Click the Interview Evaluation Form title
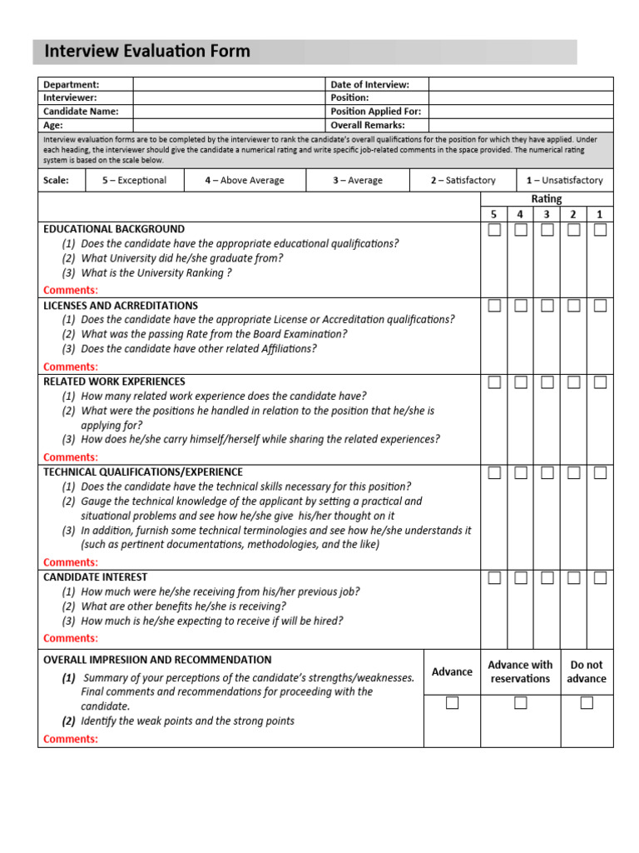[x=146, y=52]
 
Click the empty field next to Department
[x=228, y=84]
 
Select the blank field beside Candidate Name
[x=228, y=111]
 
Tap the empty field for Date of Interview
[x=521, y=84]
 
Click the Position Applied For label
[x=375, y=111]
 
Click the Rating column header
[x=547, y=199]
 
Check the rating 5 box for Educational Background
[x=494, y=230]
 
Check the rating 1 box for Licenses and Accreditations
[x=600, y=306]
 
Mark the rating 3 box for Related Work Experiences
[x=547, y=382]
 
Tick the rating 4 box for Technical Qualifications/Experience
[x=521, y=473]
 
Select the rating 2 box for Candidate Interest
[x=573, y=577]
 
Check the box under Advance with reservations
[x=520, y=703]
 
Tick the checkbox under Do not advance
[x=587, y=703]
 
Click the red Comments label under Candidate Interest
[x=71, y=638]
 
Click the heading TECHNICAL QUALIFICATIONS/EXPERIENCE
[x=143, y=471]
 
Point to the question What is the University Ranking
[x=156, y=273]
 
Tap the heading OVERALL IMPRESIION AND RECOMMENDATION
[x=157, y=659]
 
